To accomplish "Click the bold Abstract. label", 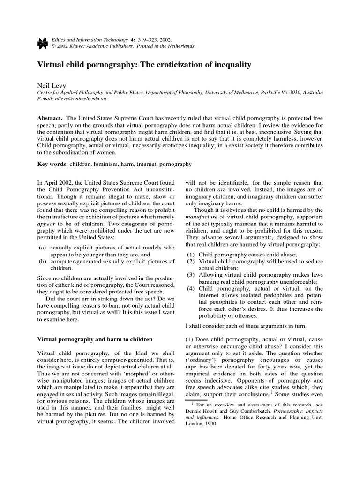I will click(50, 120).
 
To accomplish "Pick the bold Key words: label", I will click(52, 165).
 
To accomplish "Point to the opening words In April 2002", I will click(53, 182).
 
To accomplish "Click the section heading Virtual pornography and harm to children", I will click(94, 338).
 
